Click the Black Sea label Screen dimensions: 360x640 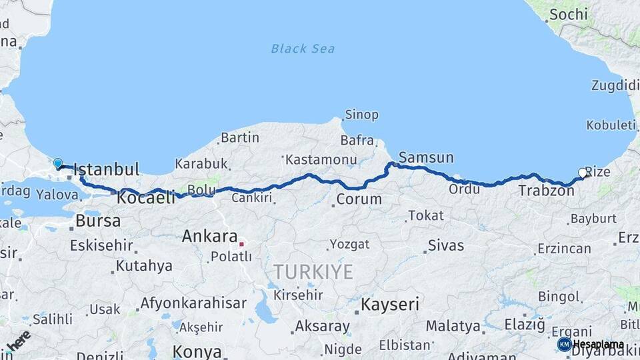303,49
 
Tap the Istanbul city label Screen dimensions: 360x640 107,169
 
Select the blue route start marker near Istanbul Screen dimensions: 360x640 58,163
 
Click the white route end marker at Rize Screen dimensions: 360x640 583,173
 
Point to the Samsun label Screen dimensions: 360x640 426,158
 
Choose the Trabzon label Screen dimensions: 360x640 546,191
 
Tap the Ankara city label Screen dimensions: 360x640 209,236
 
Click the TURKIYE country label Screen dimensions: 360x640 313,271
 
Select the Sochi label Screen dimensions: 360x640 569,14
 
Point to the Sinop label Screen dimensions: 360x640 362,115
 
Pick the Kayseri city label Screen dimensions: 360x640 390,305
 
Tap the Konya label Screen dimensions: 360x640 197,351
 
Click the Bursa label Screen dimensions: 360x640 98,221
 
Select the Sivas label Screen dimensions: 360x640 446,245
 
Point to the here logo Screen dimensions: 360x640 18,340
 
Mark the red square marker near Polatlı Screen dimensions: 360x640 242,243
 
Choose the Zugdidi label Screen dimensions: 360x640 615,85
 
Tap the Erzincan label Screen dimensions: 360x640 563,249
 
